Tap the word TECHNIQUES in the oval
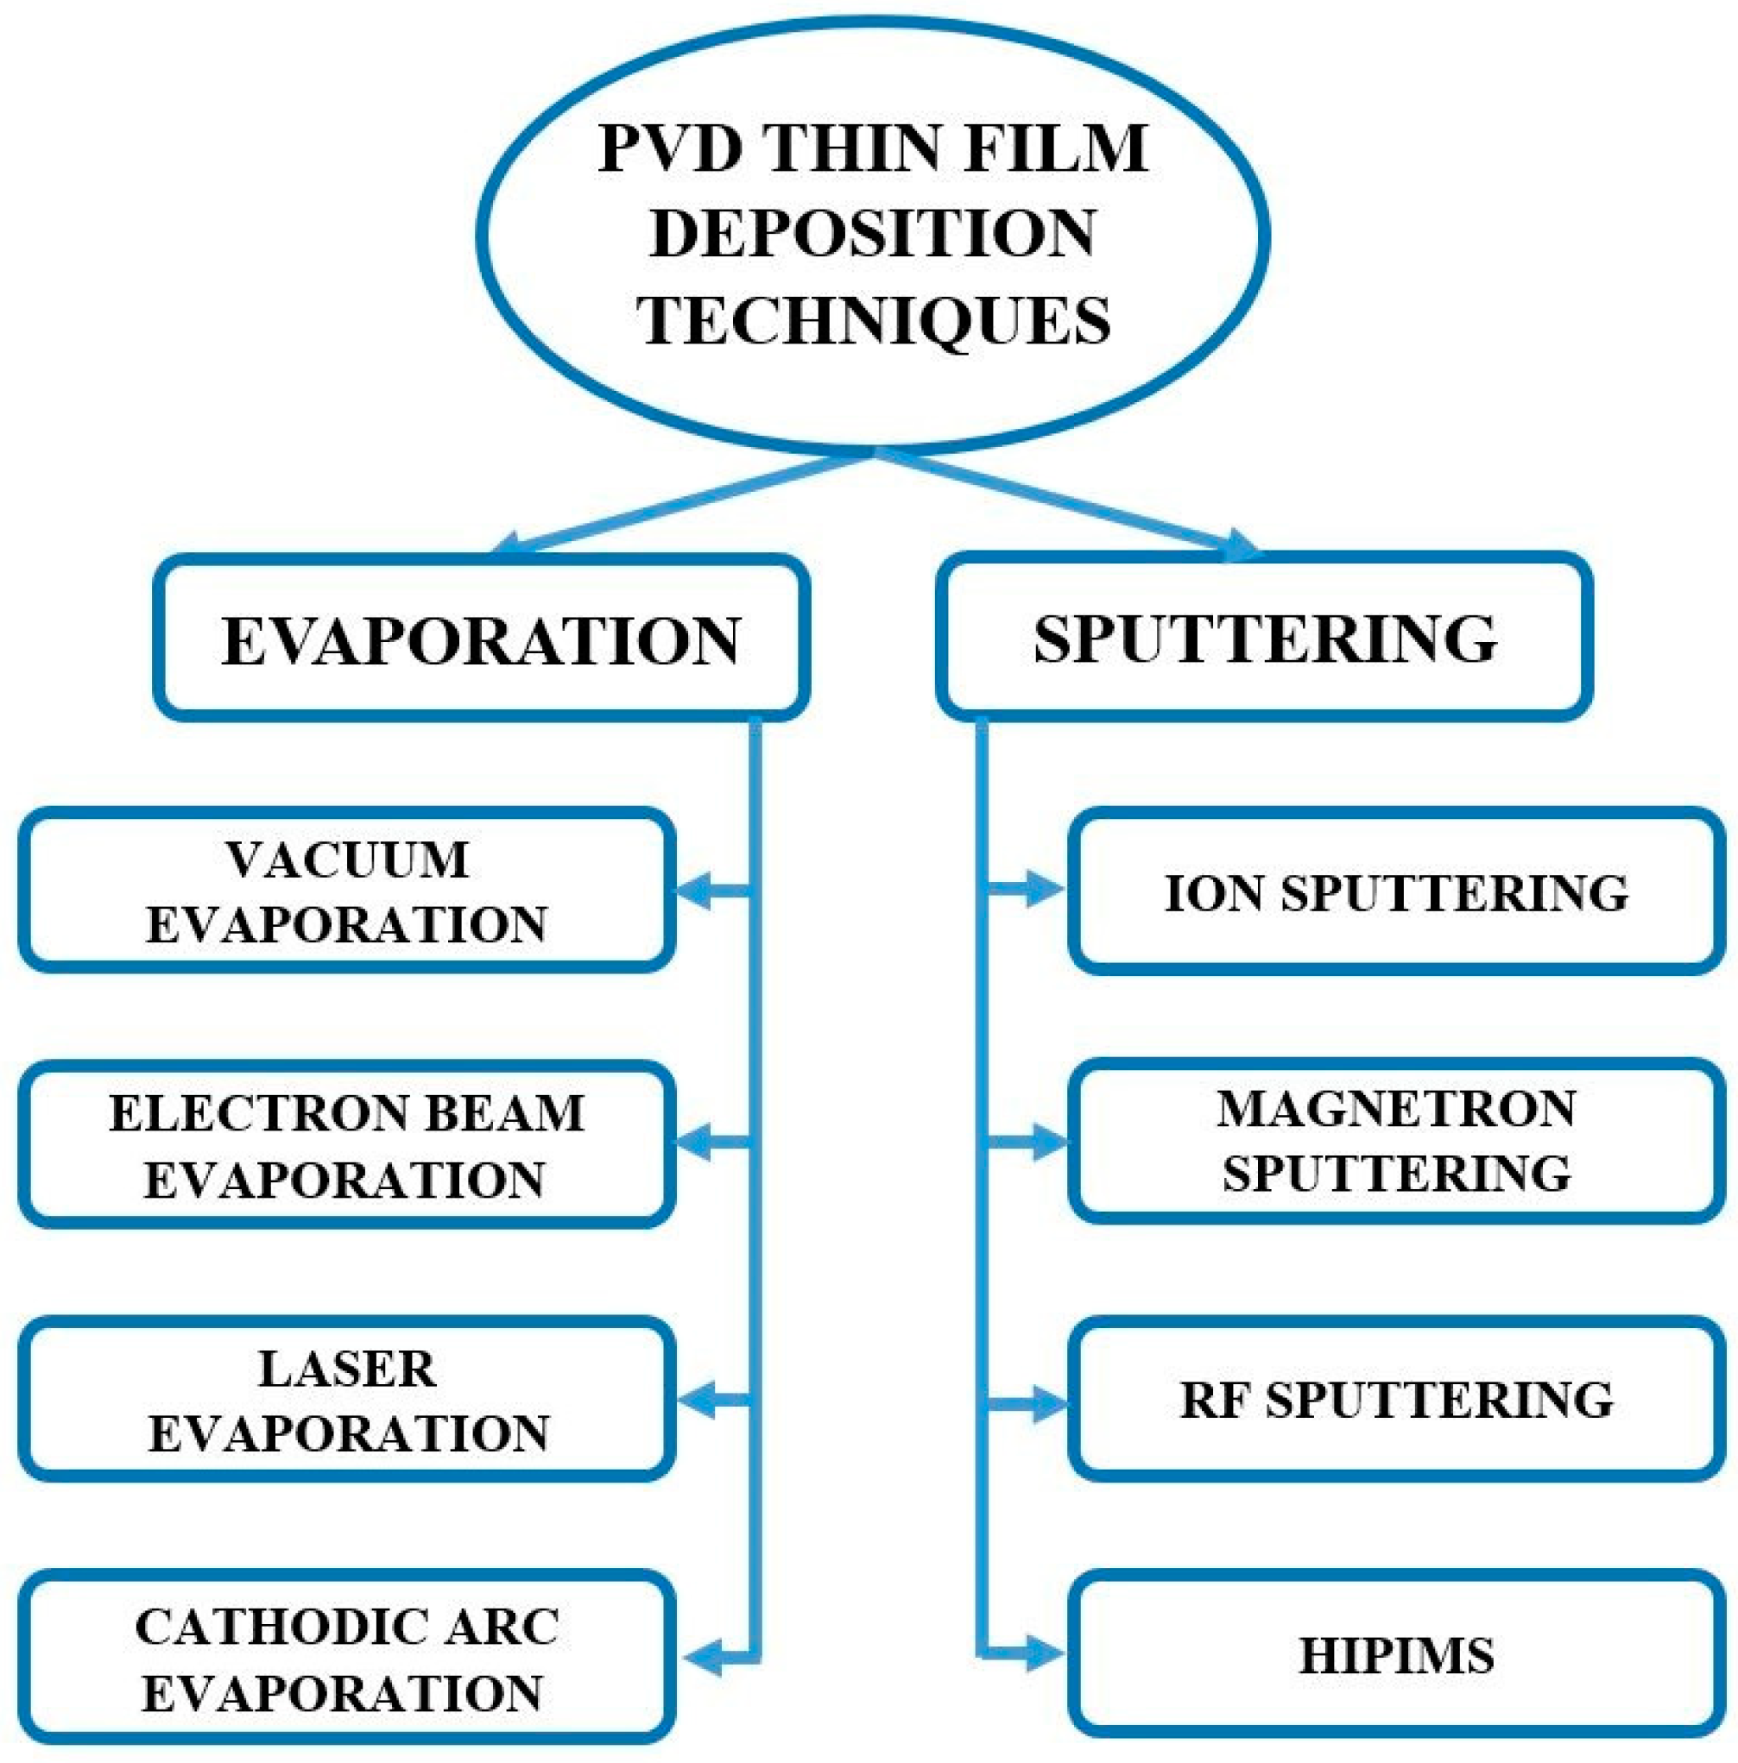874,320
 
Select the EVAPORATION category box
481,639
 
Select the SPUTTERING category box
1264,637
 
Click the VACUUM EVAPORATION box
347,891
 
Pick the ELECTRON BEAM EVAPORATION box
347,1144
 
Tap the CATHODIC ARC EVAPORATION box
347,1656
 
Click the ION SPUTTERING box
1396,891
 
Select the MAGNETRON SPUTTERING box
1396,1142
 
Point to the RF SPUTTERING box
1396,1399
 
